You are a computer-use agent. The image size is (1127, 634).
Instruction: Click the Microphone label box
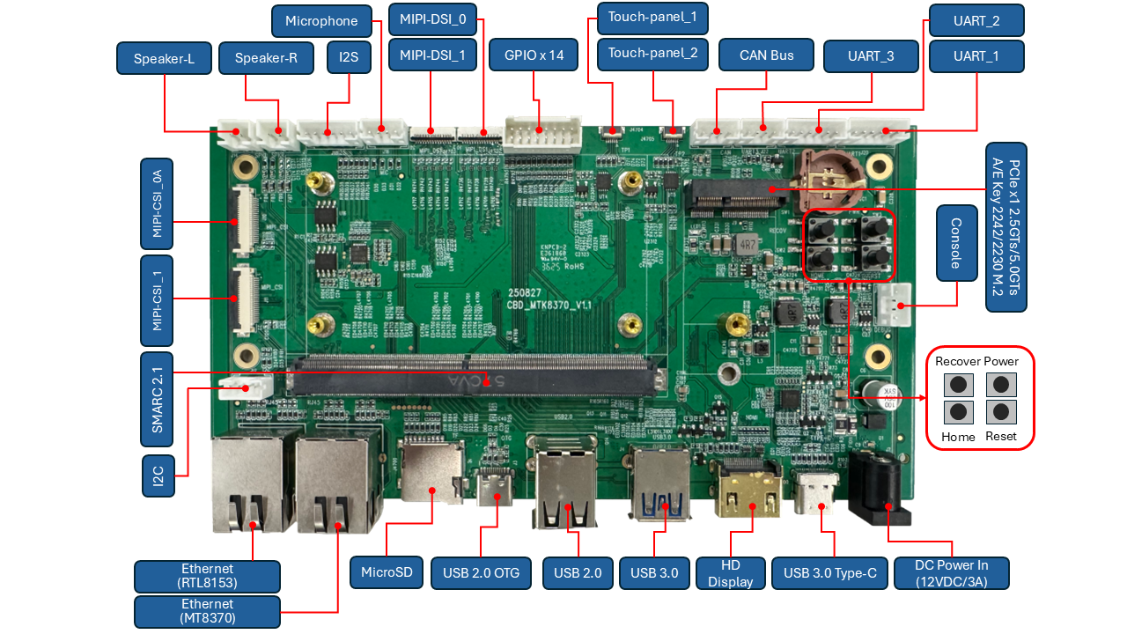(x=321, y=21)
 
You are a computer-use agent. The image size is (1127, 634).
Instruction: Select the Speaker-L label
(x=164, y=59)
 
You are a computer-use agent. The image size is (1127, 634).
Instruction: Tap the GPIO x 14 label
(x=534, y=55)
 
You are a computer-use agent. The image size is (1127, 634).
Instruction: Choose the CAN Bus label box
(x=766, y=55)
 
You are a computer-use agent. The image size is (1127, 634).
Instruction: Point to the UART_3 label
(x=871, y=55)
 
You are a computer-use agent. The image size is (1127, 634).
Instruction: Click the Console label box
(x=956, y=243)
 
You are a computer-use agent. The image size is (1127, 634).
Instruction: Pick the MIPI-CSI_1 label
(x=157, y=300)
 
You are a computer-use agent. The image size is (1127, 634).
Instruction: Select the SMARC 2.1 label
(x=157, y=400)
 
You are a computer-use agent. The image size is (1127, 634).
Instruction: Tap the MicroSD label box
(x=387, y=572)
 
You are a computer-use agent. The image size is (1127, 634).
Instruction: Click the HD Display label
(x=730, y=573)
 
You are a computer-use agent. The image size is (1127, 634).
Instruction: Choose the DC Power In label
(x=951, y=573)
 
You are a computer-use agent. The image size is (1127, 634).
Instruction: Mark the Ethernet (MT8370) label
(x=207, y=611)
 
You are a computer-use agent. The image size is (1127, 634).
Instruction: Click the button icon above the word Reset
(x=1000, y=412)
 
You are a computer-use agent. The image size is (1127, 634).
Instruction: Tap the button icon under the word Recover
(x=957, y=385)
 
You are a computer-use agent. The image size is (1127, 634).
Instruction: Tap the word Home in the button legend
(x=958, y=437)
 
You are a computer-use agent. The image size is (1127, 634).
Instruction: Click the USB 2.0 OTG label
(x=481, y=573)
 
